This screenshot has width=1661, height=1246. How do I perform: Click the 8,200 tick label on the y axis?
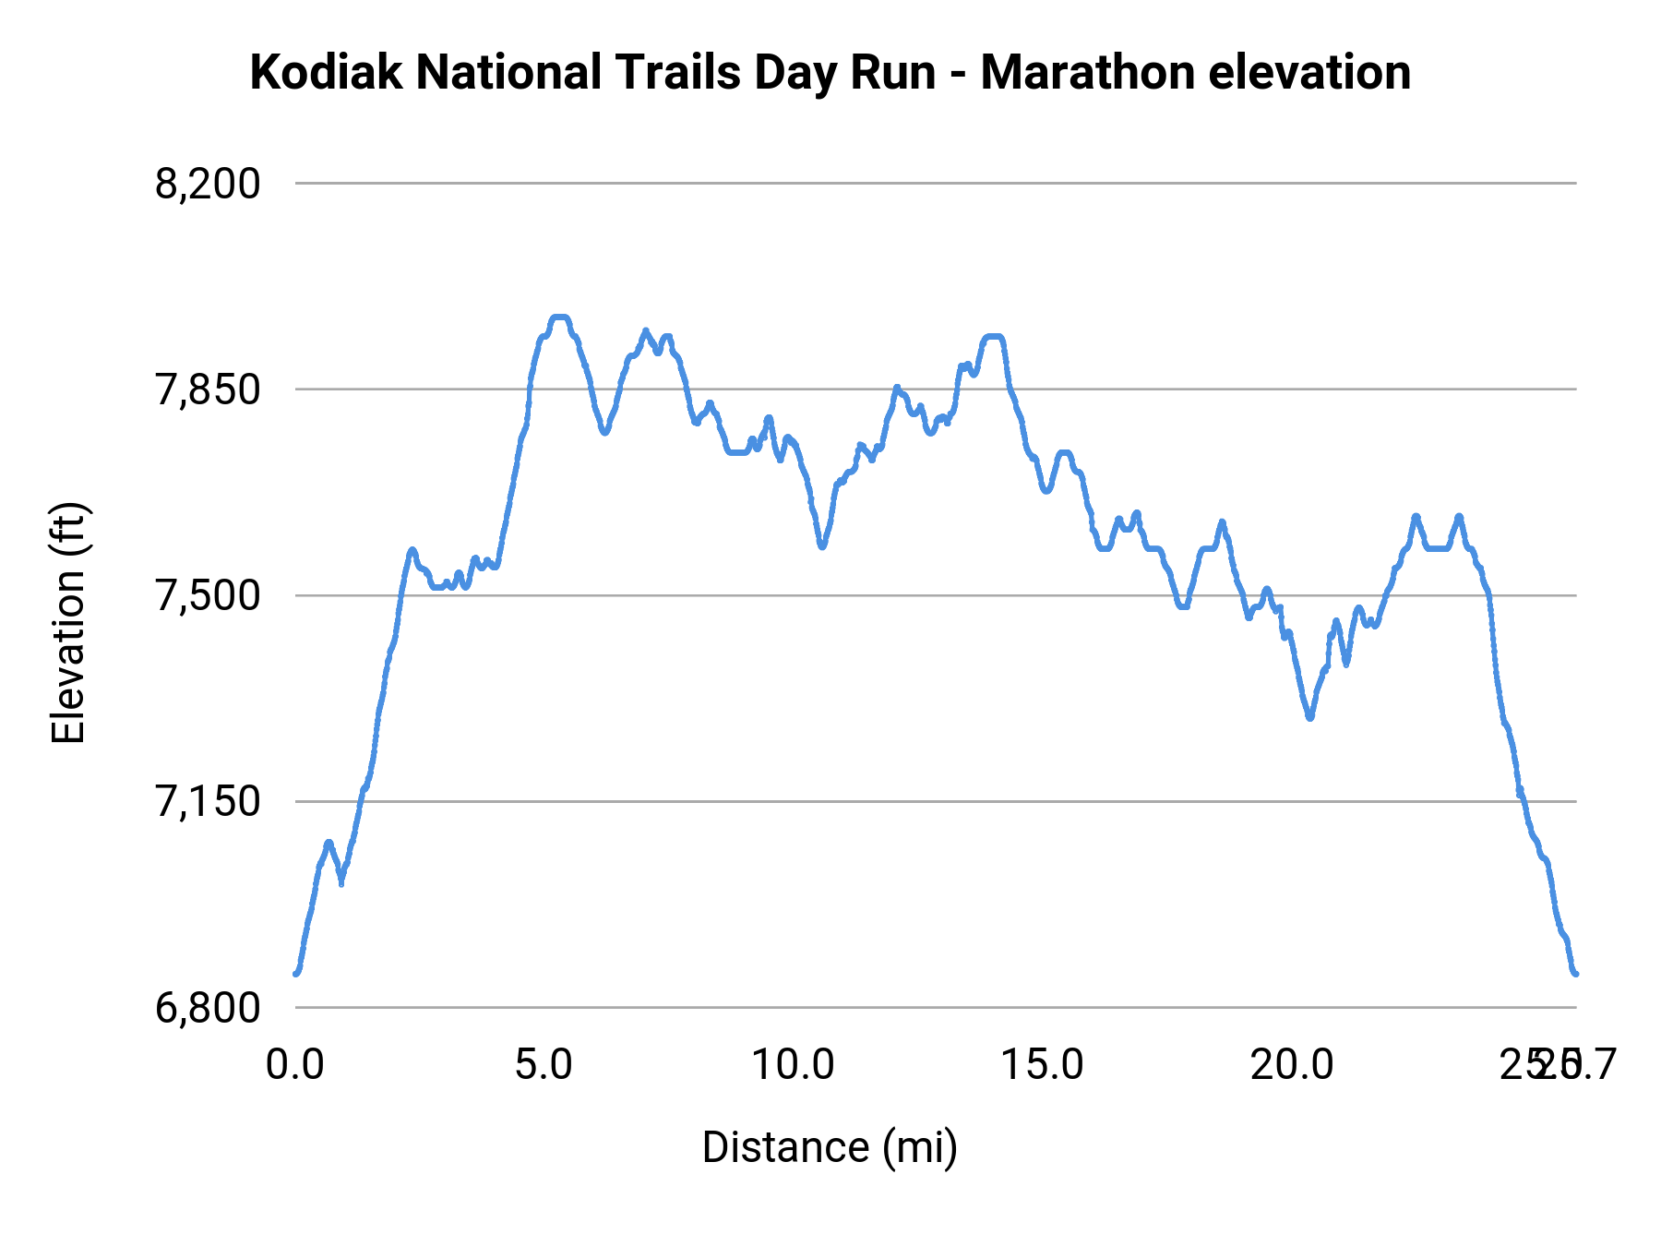(208, 185)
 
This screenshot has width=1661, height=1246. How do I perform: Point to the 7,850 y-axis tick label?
(208, 390)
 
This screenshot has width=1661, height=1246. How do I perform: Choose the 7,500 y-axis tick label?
(208, 596)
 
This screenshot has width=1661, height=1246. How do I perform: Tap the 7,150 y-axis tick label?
(208, 802)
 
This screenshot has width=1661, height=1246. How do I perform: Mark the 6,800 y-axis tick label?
(208, 1008)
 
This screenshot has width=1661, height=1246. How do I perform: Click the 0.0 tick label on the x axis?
(294, 1065)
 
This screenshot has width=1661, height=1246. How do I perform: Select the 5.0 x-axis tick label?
(544, 1065)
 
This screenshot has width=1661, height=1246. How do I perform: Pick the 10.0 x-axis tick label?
(793, 1065)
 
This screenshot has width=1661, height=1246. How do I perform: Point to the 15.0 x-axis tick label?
(1043, 1065)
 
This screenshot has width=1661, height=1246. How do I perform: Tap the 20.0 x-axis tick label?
(1292, 1065)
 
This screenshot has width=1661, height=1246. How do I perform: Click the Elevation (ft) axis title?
(68, 623)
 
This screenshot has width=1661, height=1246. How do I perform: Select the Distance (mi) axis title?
(830, 1147)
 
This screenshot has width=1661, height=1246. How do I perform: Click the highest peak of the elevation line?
(559, 317)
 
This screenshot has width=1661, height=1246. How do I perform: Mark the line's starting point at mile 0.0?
(296, 973)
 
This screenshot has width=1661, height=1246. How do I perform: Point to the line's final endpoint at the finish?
(1575, 974)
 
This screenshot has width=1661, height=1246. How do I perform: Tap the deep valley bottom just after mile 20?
(1309, 717)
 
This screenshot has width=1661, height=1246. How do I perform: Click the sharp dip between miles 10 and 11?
(821, 546)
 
